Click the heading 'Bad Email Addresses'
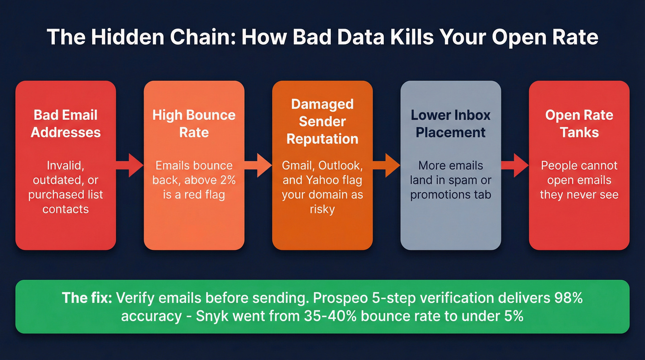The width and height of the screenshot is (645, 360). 65,124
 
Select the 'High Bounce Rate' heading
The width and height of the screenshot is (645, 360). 194,124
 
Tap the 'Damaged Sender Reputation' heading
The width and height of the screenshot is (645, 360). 322,121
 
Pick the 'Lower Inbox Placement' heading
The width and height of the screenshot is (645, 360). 451,124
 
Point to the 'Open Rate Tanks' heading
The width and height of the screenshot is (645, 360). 579,124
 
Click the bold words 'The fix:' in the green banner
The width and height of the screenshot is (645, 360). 87,298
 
